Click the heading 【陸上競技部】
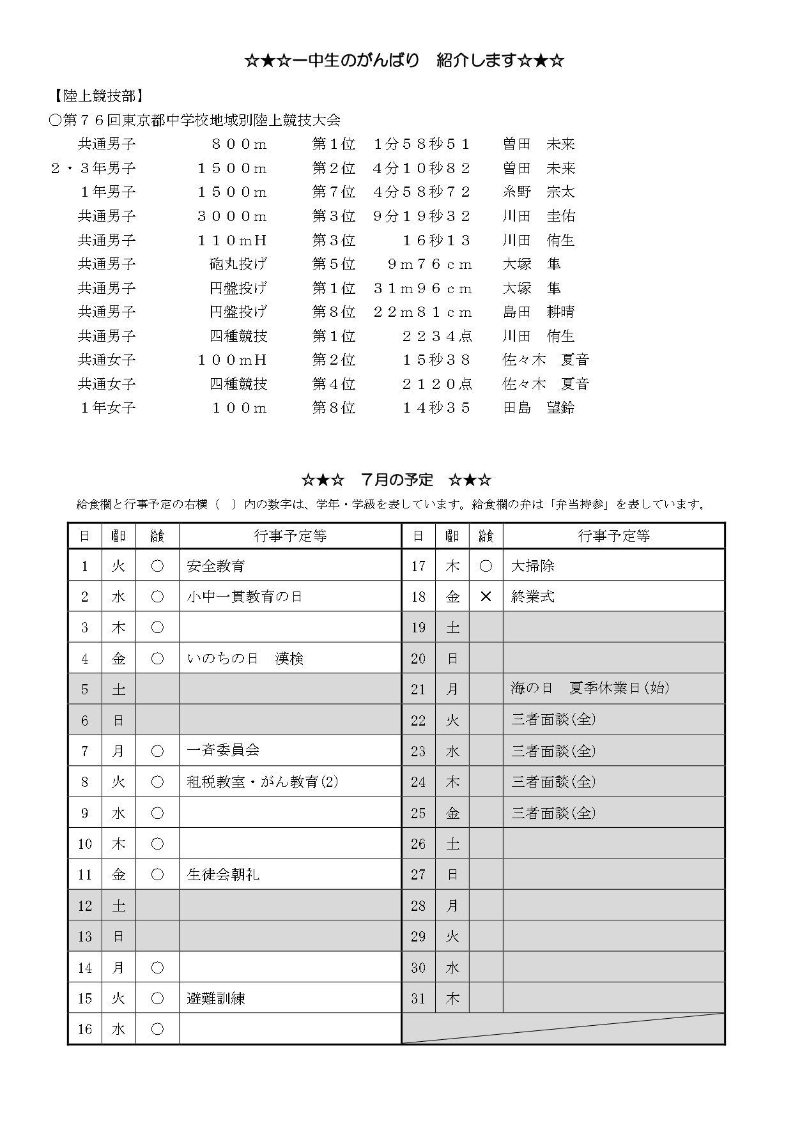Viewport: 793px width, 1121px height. [96, 96]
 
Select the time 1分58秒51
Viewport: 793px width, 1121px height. [422, 144]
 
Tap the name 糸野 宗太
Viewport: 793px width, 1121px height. [539, 192]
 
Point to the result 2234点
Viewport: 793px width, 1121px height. [437, 336]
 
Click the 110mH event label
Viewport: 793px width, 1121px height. [232, 240]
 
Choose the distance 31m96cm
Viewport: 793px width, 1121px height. [422, 288]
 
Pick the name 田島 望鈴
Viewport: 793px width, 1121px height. [539, 408]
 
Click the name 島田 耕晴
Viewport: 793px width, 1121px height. [539, 312]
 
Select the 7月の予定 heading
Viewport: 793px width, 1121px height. [396, 480]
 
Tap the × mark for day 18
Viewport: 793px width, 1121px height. [486, 597]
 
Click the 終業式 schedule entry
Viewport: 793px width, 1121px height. [533, 597]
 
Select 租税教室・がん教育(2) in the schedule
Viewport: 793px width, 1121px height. [262, 782]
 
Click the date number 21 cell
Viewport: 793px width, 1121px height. [419, 689]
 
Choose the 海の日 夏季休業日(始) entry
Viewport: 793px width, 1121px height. [590, 689]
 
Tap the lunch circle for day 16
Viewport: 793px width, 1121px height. [157, 1029]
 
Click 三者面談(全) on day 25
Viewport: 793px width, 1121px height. [553, 813]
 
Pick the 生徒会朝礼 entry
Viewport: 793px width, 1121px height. [223, 874]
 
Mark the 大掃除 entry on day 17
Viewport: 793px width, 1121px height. [533, 566]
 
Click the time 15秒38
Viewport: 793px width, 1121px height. [437, 360]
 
